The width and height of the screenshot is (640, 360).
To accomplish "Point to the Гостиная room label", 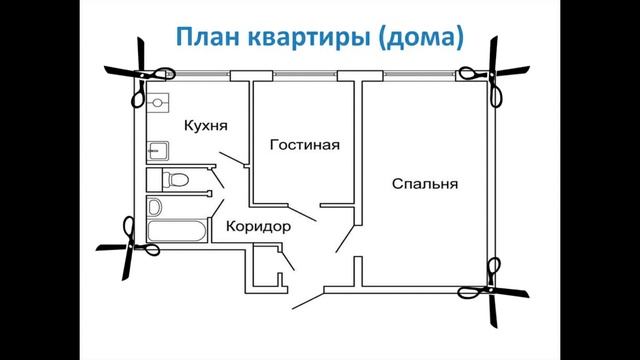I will [304, 145].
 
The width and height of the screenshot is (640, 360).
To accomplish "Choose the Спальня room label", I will [424, 184].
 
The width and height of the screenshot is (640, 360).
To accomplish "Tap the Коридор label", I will [258, 227].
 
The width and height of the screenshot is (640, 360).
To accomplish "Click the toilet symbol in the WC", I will [174, 180].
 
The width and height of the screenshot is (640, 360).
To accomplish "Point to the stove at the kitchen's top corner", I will [158, 103].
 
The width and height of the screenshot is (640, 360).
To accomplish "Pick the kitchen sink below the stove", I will [158, 150].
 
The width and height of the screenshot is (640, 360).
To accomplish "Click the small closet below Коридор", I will [264, 272].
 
